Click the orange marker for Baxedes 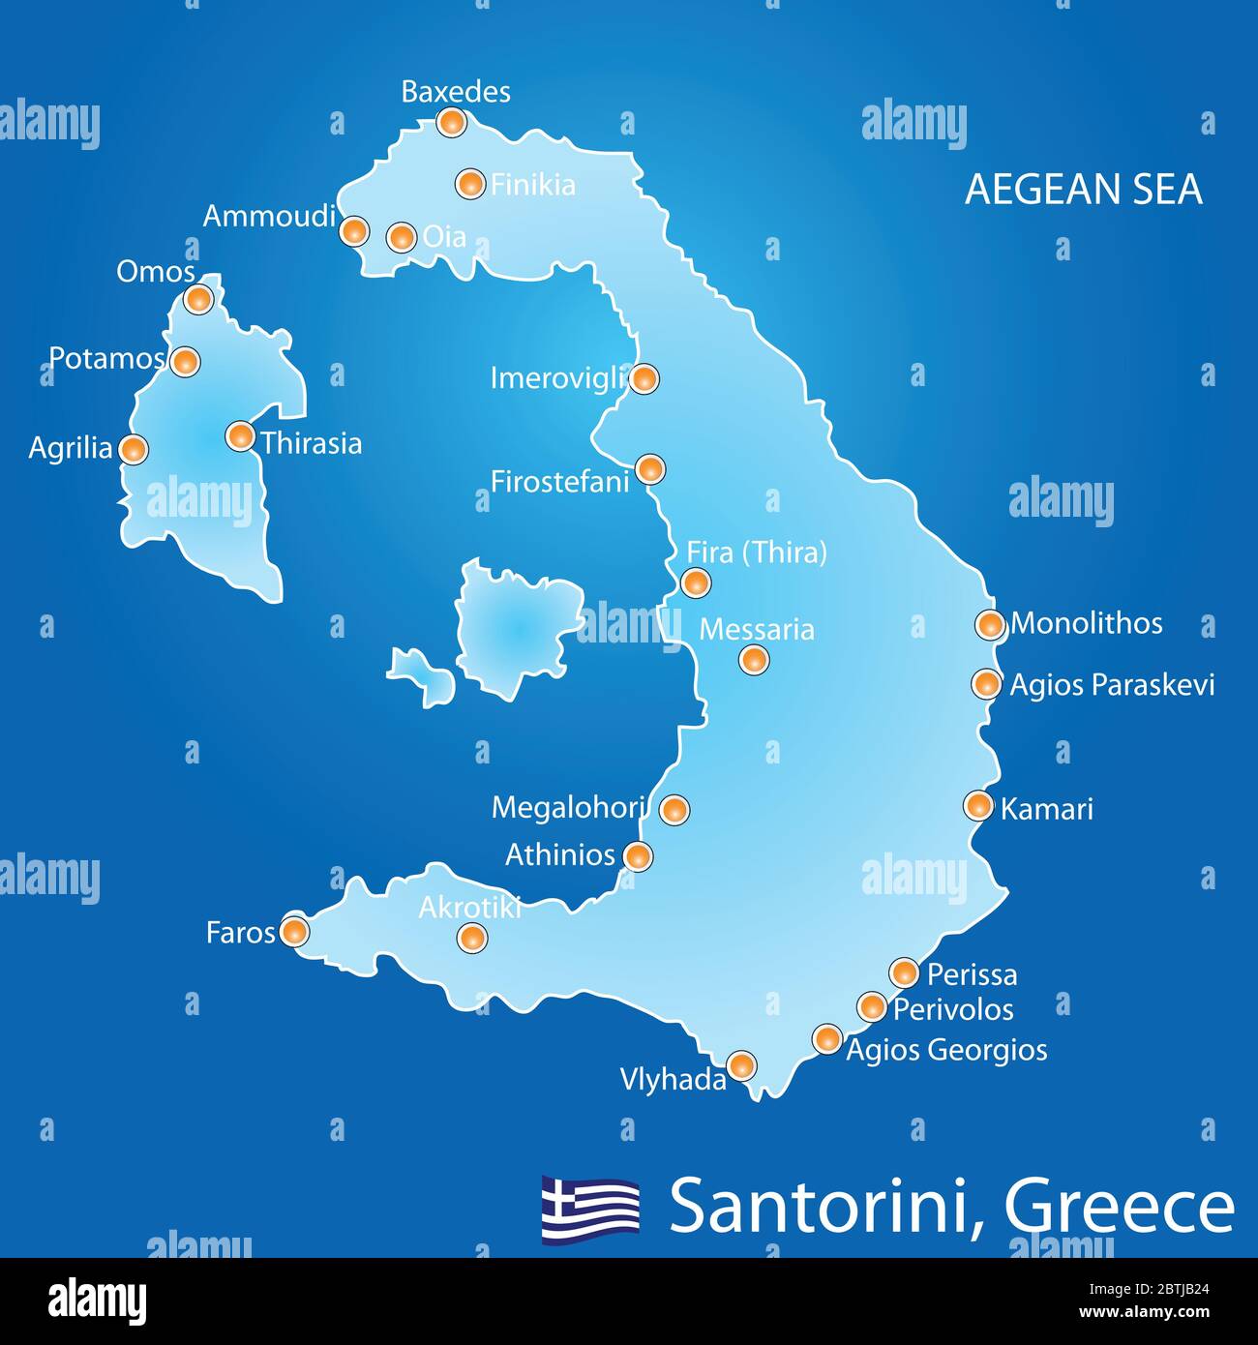[451, 122]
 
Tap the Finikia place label [532, 184]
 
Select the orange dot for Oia [401, 236]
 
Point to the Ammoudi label [268, 216]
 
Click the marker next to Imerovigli [644, 378]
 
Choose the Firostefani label [559, 481]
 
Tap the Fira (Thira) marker [695, 583]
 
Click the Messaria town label [756, 629]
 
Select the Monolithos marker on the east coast [989, 624]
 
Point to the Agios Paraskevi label [1111, 685]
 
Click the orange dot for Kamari [978, 805]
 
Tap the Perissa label [972, 974]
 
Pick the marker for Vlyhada [741, 1066]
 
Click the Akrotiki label [469, 908]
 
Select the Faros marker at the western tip [294, 932]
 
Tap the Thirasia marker [240, 436]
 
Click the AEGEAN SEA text [1083, 189]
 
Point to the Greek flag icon [590, 1208]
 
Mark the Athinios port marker [637, 855]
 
